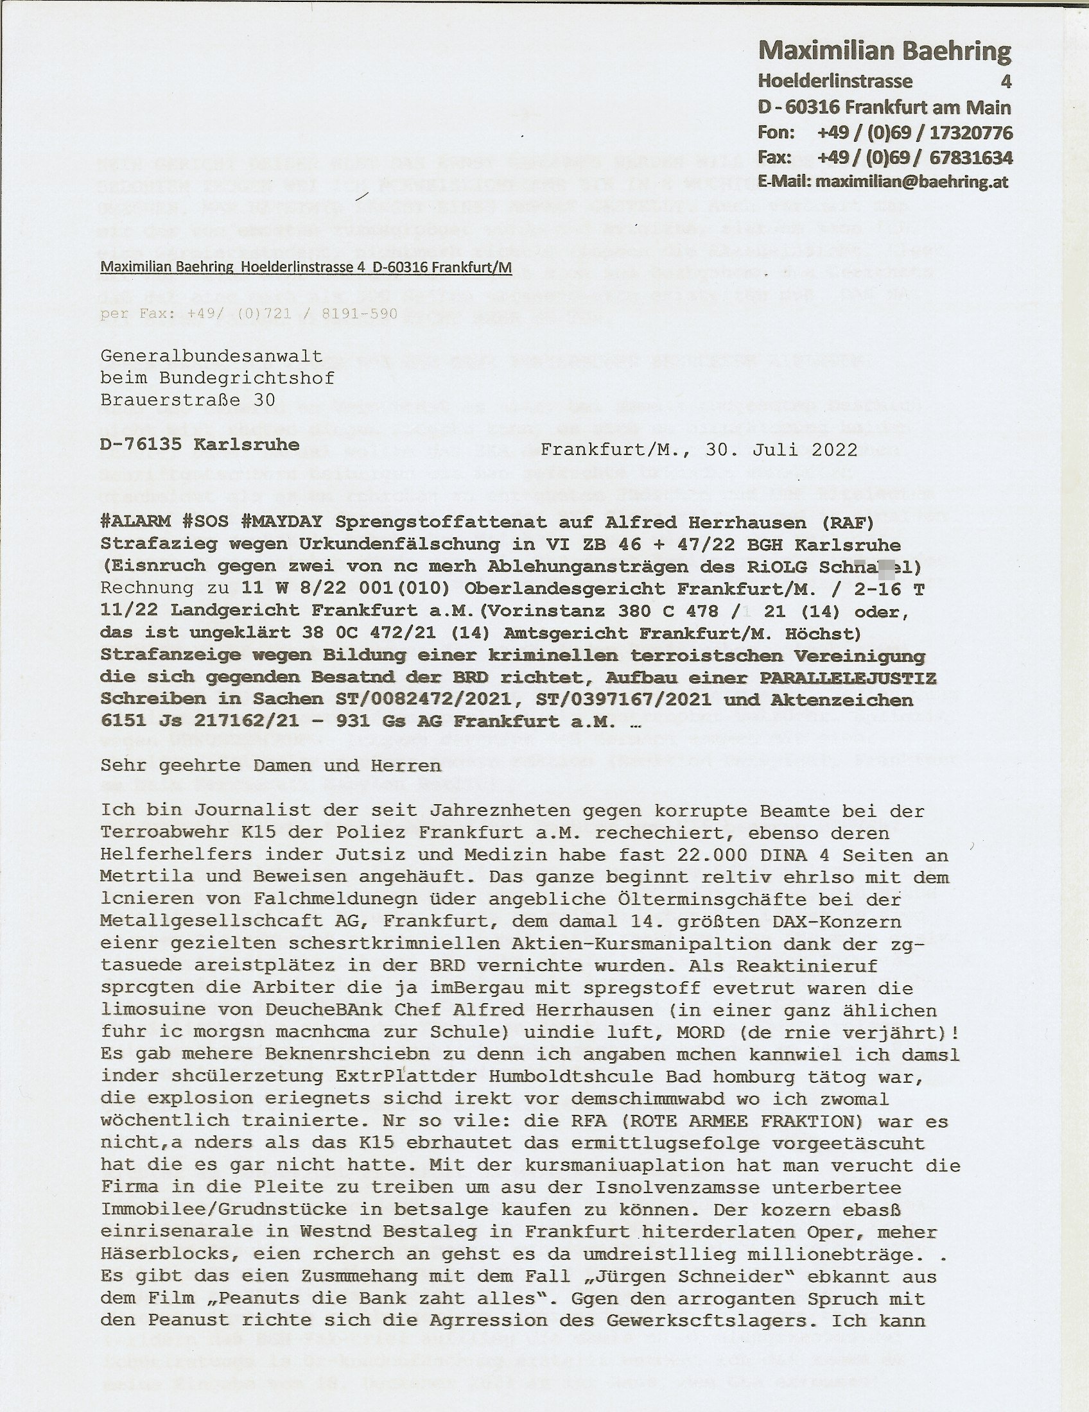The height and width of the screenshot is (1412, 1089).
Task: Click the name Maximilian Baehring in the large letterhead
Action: [885, 52]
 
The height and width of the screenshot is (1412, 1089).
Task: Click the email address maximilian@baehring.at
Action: [912, 182]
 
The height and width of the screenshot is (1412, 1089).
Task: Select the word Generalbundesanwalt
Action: [211, 356]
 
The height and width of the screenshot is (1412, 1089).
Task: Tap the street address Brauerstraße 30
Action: [188, 400]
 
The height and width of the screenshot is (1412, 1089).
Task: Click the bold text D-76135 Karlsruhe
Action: [200, 445]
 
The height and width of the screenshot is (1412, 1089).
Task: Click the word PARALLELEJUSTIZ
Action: [848, 678]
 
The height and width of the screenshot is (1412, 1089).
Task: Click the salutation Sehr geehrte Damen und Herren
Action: [271, 766]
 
